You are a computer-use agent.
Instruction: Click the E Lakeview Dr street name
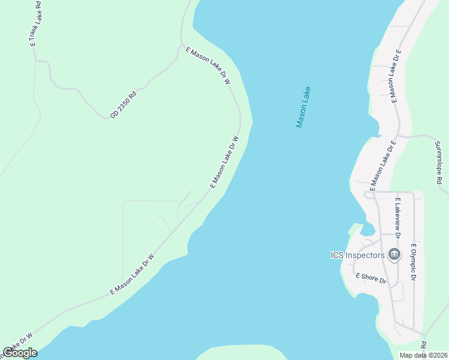(397, 215)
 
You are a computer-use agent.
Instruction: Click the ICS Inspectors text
(357, 255)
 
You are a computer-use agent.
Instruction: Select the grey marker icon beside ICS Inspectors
(394, 255)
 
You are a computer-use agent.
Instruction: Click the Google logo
(20, 353)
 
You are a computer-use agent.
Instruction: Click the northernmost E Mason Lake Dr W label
(209, 66)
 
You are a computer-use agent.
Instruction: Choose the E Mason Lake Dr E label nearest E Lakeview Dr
(383, 166)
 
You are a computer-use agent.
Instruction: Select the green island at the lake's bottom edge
(240, 352)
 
